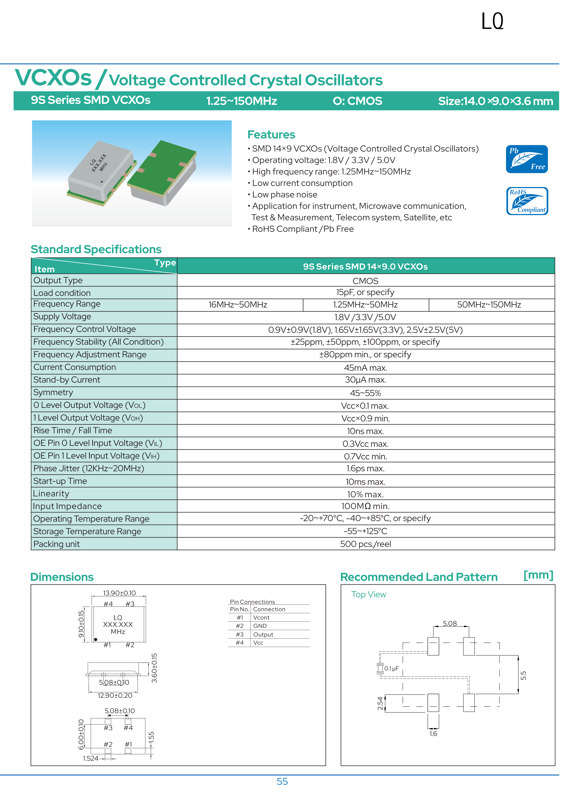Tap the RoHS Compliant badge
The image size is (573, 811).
point(527,201)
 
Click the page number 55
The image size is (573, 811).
point(282,781)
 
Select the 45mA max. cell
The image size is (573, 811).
point(365,368)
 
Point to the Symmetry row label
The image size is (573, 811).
point(53,392)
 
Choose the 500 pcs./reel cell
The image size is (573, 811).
point(365,544)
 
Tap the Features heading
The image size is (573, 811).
point(271,135)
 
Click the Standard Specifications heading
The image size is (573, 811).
point(96,249)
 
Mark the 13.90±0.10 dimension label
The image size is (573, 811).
point(119,593)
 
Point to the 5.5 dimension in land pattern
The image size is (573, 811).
point(523,675)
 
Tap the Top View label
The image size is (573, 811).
point(369,594)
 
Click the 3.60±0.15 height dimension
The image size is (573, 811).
point(154,668)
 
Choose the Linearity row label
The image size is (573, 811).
point(51,493)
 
